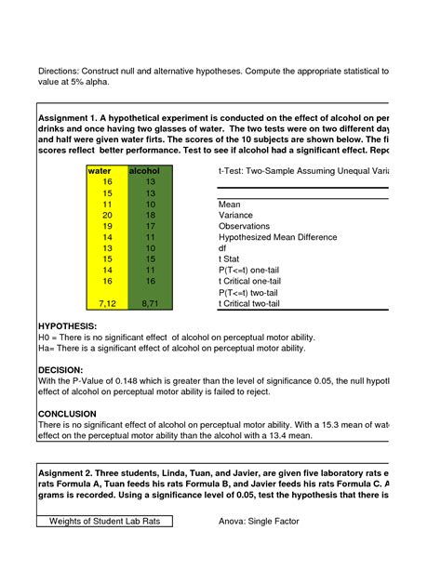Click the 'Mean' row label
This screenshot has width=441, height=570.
tap(230, 204)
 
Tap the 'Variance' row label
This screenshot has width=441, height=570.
tap(237, 215)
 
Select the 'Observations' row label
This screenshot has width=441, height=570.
tap(245, 226)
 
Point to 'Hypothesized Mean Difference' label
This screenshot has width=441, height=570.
tap(276, 237)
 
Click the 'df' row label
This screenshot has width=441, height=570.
tap(222, 248)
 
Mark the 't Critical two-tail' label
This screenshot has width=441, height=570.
tap(254, 303)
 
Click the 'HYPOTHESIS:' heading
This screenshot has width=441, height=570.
tap(67, 326)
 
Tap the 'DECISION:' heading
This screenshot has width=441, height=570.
tap(60, 369)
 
